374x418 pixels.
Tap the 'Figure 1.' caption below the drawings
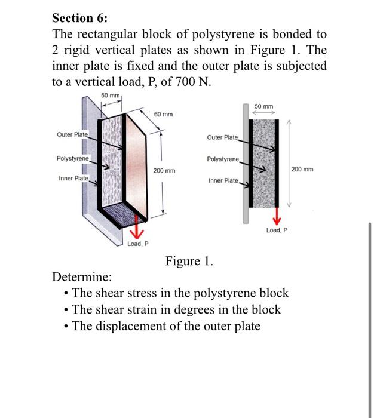[x=189, y=261]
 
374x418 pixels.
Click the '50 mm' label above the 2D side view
[x=264, y=106]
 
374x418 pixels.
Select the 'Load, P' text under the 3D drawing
[x=138, y=244]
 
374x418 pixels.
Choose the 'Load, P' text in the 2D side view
[x=277, y=230]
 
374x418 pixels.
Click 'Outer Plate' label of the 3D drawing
[x=72, y=135]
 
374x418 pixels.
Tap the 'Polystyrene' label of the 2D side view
[x=222, y=159]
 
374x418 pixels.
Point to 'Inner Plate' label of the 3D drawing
[x=73, y=179]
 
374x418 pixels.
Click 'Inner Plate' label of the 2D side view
[x=223, y=180]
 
